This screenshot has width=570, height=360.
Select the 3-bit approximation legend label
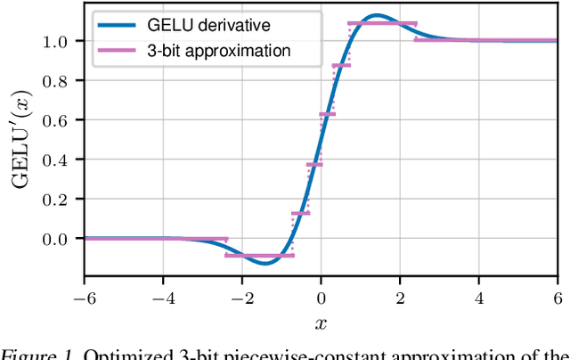click(221, 50)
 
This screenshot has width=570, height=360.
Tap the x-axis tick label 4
click(479, 296)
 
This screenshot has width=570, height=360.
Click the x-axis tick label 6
click(558, 296)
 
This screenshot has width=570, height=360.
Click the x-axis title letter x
click(322, 322)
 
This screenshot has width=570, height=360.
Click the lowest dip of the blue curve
click(265, 263)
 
